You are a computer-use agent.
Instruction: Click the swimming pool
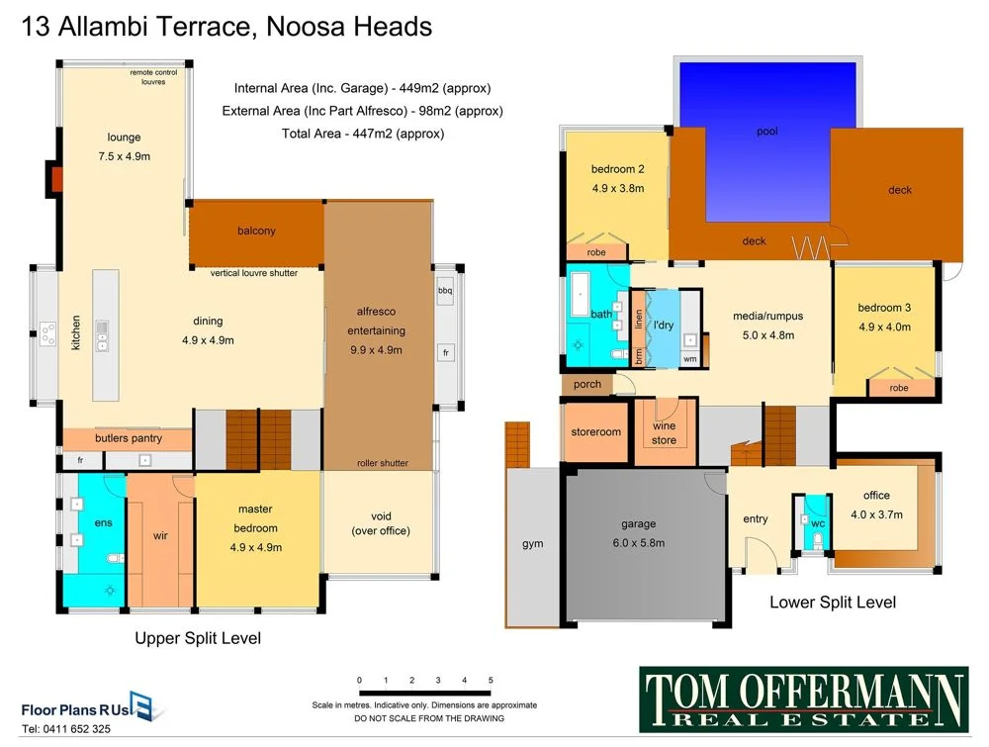766,139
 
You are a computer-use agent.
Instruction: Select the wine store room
664,433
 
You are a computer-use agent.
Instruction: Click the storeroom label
595,432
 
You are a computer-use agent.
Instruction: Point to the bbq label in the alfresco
444,291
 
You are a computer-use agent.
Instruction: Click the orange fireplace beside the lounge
56,179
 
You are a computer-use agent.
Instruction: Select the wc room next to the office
817,524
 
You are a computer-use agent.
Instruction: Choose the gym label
532,543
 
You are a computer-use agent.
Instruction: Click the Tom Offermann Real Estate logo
803,699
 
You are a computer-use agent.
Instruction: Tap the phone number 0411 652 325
66,729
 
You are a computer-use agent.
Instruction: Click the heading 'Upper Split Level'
198,639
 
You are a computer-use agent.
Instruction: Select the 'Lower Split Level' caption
833,602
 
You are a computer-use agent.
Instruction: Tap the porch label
587,385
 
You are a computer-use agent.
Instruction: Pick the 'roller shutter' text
382,463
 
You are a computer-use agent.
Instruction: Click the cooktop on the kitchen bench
46,335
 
